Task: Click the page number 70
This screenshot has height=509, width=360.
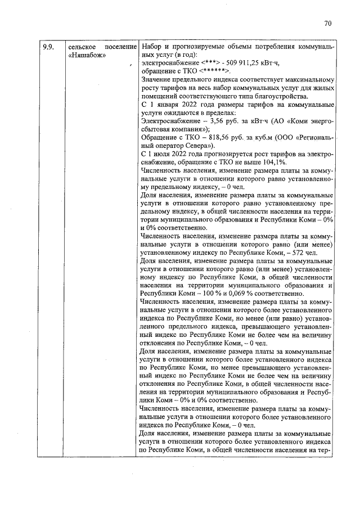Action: pos(328,24)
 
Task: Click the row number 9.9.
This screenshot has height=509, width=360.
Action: pos(48,47)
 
